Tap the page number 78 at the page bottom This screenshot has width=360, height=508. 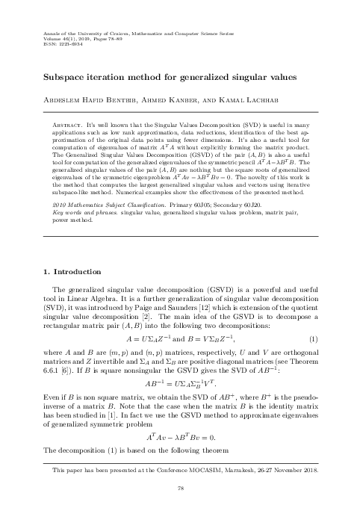point(180,487)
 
